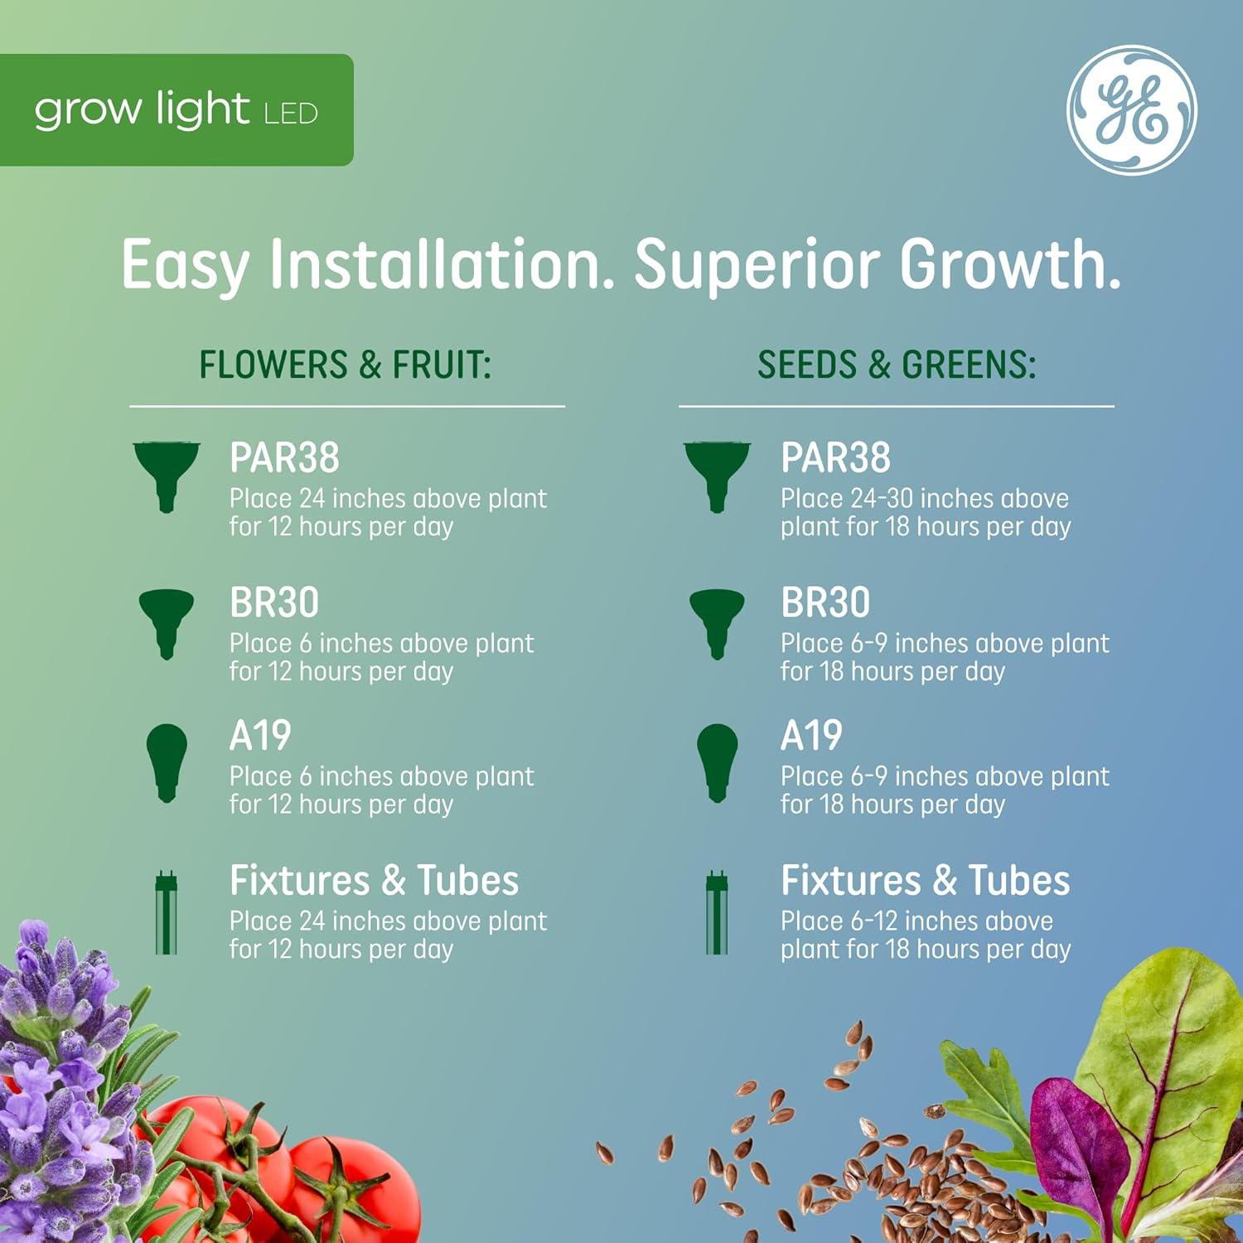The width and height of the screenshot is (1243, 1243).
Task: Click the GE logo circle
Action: click(x=1131, y=110)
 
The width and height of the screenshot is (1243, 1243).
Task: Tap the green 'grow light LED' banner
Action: click(x=176, y=110)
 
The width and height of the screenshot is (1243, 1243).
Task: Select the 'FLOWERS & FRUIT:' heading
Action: click(x=346, y=365)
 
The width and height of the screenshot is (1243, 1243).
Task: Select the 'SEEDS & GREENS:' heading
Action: click(x=897, y=365)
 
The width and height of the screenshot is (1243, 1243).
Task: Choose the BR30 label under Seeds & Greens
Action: click(x=825, y=602)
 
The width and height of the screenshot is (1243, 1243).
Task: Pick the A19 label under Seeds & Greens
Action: click(x=811, y=736)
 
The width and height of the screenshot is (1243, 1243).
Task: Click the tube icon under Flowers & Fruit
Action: click(x=167, y=912)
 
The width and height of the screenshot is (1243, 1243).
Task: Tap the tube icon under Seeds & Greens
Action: click(x=717, y=912)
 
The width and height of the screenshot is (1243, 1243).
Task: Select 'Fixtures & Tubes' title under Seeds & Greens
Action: click(x=925, y=880)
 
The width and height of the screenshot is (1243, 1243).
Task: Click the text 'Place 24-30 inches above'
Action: click(x=924, y=499)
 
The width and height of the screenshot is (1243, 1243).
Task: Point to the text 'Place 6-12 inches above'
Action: click(x=917, y=921)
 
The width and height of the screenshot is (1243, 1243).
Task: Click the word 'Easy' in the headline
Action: click(x=185, y=265)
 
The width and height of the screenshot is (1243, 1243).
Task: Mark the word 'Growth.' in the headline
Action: click(x=1011, y=265)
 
